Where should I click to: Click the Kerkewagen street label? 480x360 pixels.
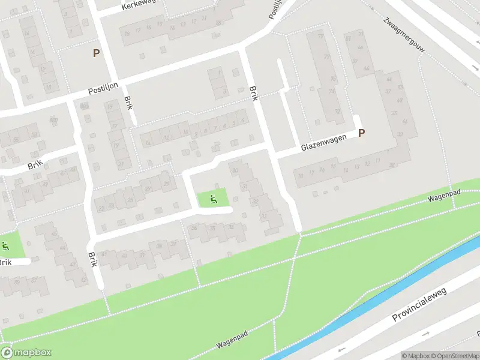(139, 5)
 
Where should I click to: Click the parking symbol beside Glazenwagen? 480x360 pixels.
(361, 133)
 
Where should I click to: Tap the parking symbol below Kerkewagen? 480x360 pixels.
(96, 53)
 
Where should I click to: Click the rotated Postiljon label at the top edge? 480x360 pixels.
(275, 9)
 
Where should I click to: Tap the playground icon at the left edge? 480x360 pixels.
(5, 245)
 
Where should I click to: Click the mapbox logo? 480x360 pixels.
(26, 353)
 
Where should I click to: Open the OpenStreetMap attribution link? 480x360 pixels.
(454, 356)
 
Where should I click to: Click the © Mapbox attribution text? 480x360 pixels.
(416, 356)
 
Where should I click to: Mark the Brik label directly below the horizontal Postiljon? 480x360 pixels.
(128, 103)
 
